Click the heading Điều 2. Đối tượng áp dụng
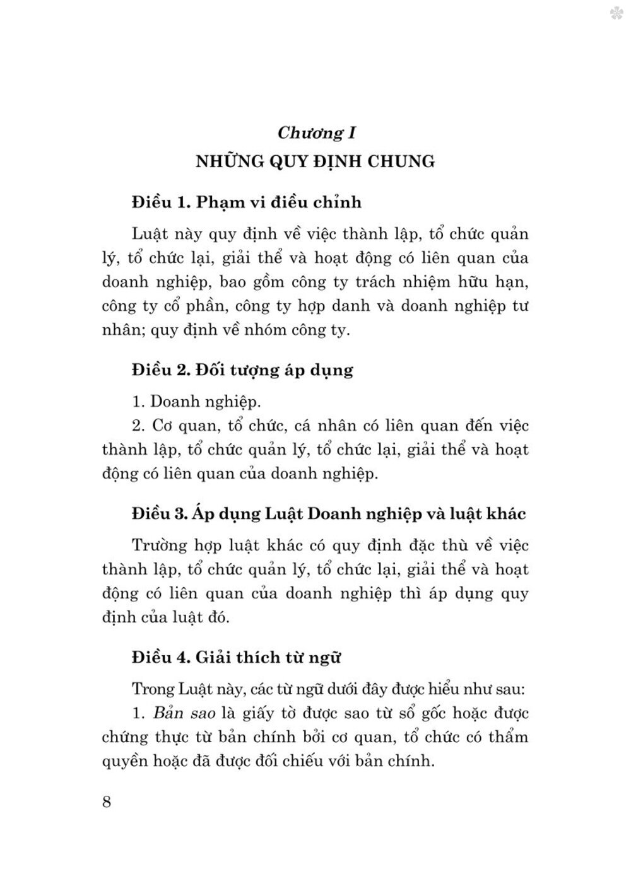point(242,370)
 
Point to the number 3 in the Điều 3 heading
point(182,514)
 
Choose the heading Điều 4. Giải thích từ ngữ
point(237,657)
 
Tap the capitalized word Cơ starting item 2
point(163,426)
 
